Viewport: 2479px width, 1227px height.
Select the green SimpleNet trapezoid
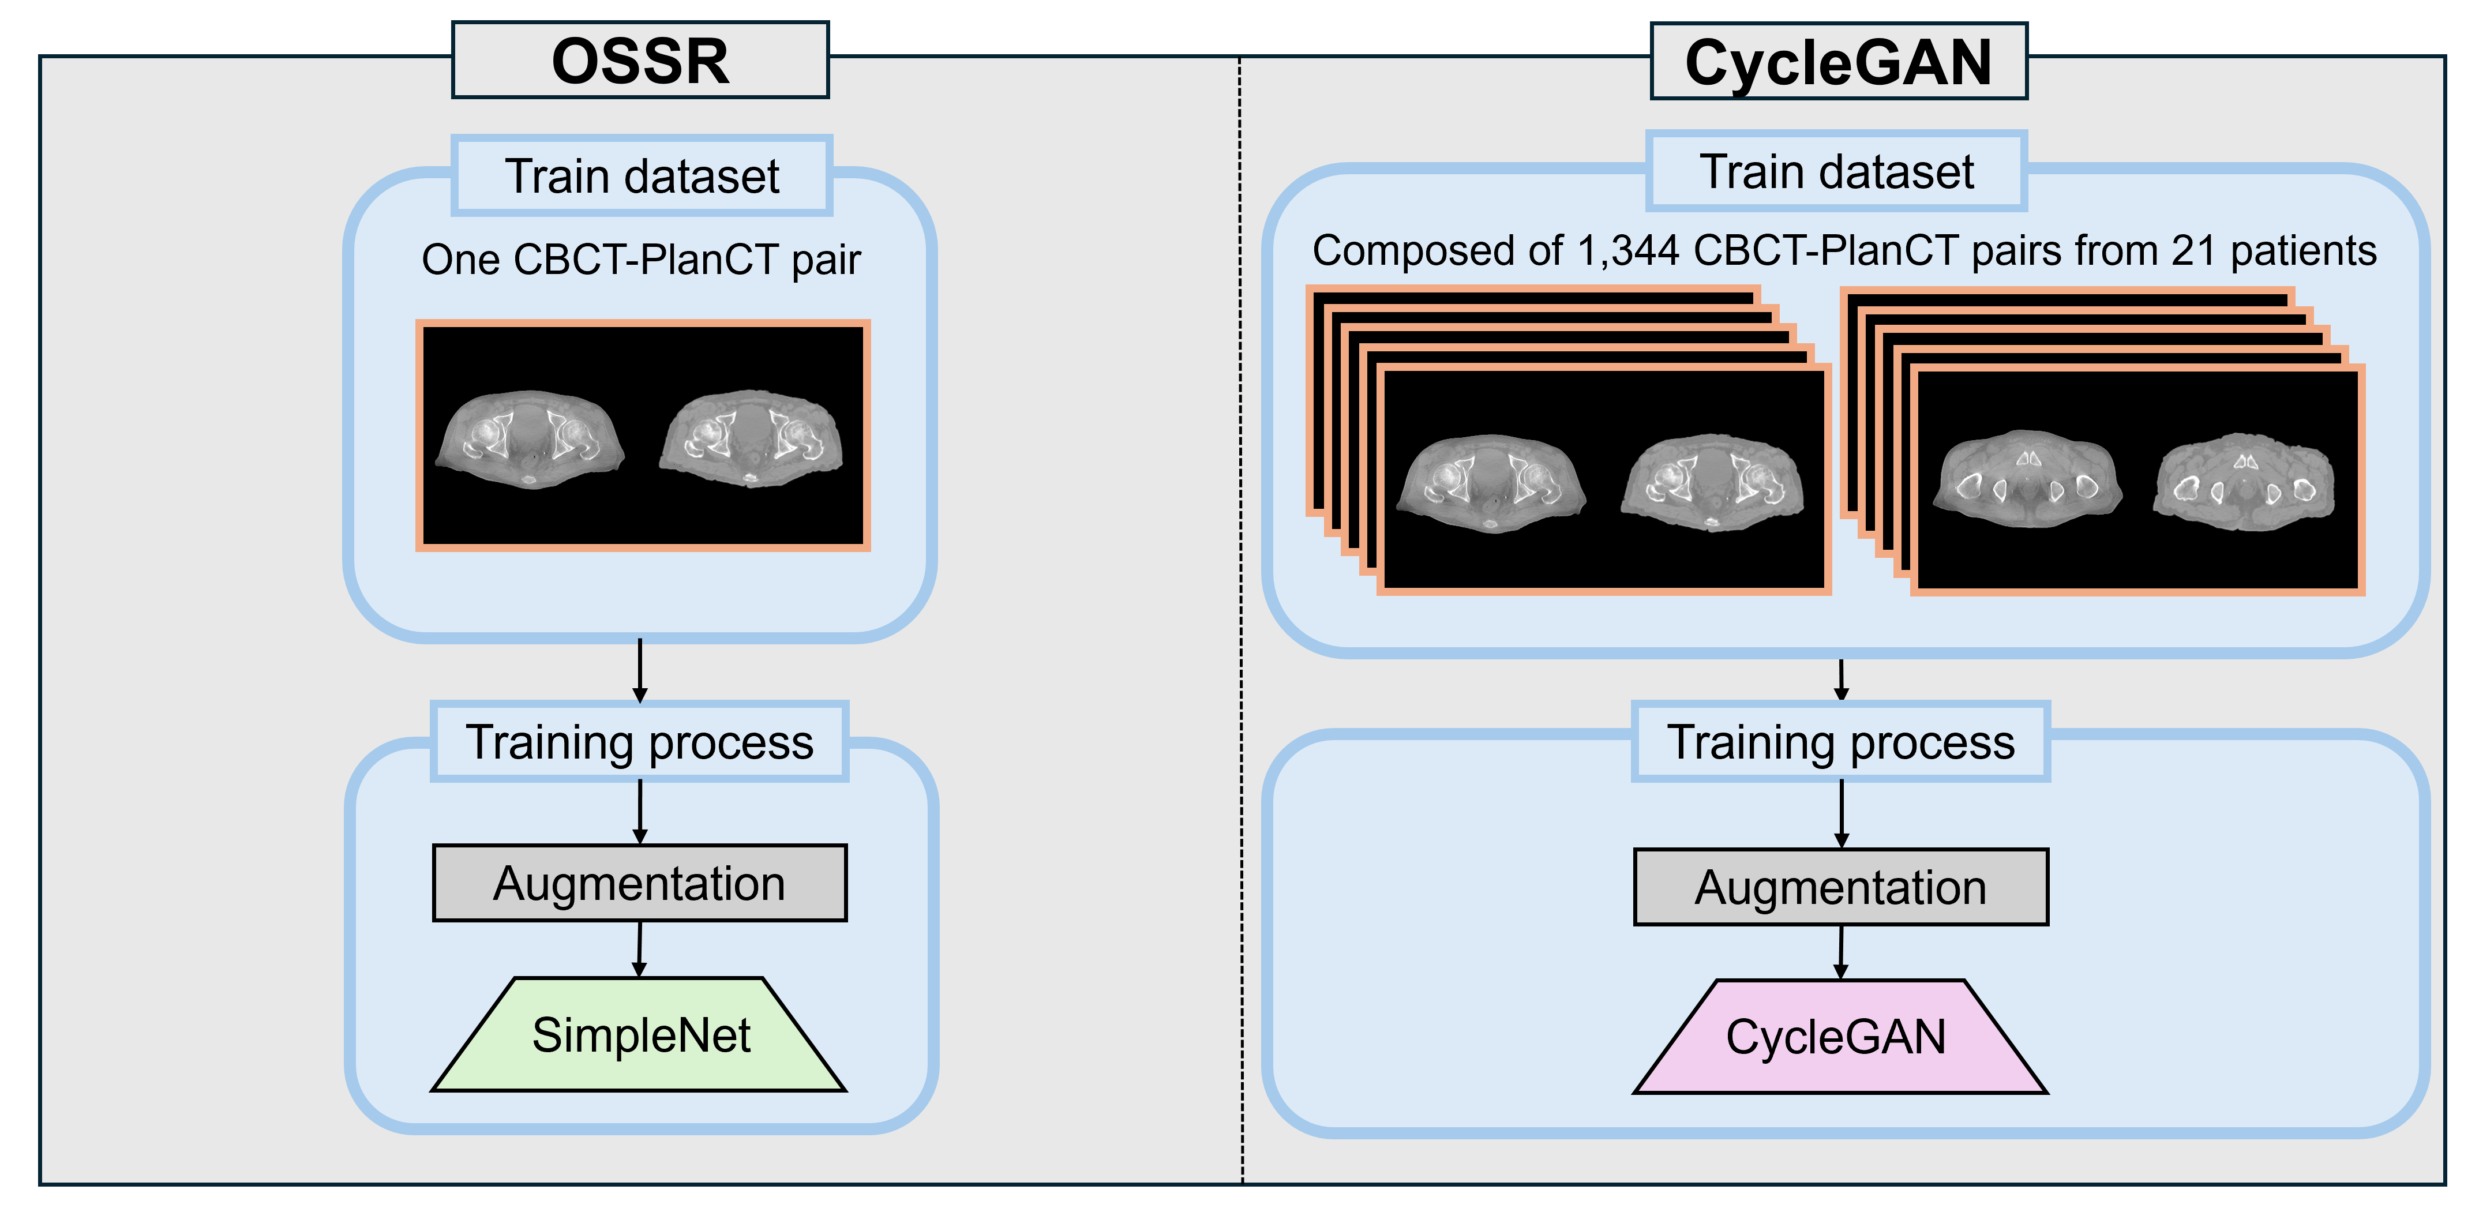(x=640, y=1035)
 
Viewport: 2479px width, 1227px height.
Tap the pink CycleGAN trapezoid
(x=1838, y=1037)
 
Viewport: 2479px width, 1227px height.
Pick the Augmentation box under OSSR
(x=640, y=883)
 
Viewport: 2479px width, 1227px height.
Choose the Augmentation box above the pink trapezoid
(x=1840, y=887)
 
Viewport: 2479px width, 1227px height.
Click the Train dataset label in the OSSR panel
(x=642, y=176)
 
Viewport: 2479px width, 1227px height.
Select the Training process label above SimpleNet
(x=640, y=742)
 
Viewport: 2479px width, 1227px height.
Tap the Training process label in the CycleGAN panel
(x=1840, y=742)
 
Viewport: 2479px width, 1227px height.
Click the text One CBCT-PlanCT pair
(x=641, y=260)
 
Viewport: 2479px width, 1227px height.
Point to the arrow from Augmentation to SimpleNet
(x=639, y=950)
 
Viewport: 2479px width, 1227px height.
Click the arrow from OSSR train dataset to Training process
(x=640, y=671)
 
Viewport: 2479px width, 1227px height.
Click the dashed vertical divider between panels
(x=1242, y=616)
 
